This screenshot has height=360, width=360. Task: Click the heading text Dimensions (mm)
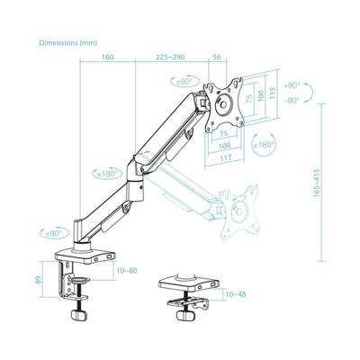68,42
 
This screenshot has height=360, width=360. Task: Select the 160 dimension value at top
108,58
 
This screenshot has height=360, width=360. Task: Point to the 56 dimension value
216,58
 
